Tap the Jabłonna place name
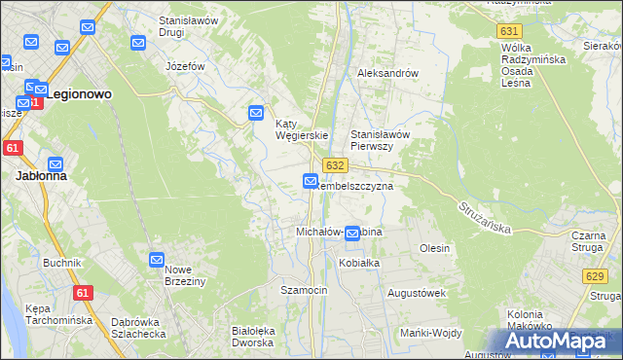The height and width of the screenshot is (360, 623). [41, 177]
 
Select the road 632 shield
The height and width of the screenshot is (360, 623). [336, 166]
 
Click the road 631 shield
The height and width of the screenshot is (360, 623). [508, 31]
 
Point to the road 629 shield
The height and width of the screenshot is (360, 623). [597, 277]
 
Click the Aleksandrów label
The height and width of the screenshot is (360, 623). [387, 73]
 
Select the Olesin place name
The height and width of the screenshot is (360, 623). [434, 248]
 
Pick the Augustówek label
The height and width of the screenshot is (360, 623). [417, 292]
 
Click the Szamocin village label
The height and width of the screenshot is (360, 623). [304, 290]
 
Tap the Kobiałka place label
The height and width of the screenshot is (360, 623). [358, 263]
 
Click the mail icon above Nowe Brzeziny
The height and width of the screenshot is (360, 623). [157, 260]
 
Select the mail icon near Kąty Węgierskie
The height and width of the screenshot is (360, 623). [256, 113]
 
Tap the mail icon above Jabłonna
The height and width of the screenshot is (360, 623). [55, 164]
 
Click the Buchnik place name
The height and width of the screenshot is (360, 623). [61, 263]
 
